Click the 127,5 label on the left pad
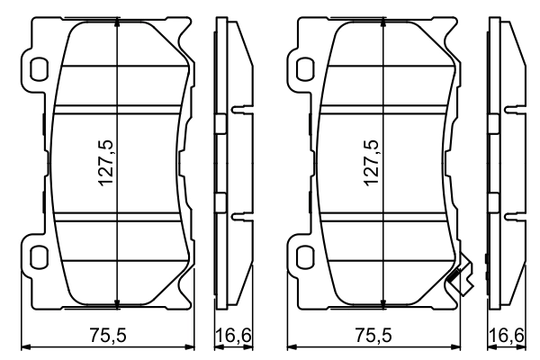107,162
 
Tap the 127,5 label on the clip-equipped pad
371,162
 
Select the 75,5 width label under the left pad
107,335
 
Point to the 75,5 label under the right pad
373,335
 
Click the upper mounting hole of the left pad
39,67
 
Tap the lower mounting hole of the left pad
39,257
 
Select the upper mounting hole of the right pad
304,67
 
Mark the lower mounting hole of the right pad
304,257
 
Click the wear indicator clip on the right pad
460,275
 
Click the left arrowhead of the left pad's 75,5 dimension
24,346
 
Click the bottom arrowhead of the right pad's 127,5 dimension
383,302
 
